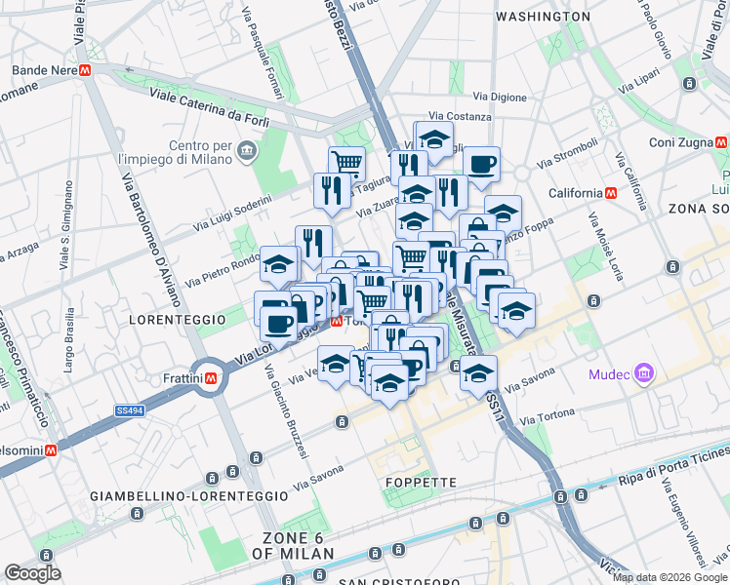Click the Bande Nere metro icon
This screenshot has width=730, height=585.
86,71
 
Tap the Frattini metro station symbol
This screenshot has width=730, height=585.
210,377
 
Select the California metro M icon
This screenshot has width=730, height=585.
611,193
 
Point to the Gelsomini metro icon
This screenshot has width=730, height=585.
50,449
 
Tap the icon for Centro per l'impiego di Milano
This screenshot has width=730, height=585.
245,151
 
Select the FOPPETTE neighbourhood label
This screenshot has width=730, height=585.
422,483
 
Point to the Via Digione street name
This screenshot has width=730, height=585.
500,97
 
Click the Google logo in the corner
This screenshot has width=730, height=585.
32,573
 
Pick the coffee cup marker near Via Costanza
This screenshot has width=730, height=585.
480,163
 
